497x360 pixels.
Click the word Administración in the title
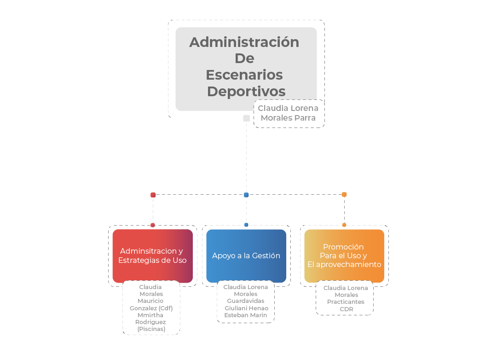coord(244,42)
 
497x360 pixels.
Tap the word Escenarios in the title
coord(244,75)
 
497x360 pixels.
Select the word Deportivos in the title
coord(246,92)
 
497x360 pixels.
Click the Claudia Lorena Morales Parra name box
coord(289,114)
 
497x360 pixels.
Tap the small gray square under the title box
coord(246,118)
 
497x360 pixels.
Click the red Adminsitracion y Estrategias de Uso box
coord(152,255)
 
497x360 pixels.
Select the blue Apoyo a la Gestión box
coord(246,255)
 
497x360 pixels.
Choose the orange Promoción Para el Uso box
coord(344,255)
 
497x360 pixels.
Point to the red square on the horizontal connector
coord(153,195)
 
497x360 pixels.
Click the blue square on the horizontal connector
coord(246,195)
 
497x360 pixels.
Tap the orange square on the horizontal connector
coord(344,194)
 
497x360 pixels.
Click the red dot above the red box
coord(153,225)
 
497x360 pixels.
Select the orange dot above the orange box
coord(344,225)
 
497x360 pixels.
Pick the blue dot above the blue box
coord(246,225)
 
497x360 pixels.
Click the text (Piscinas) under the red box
coord(151,329)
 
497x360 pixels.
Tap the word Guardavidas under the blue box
coord(246,301)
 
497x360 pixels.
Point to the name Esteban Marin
coord(246,315)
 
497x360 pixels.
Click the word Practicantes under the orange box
coord(346,302)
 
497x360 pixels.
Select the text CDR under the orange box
coord(347,309)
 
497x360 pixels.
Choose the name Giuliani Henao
coord(247,308)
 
